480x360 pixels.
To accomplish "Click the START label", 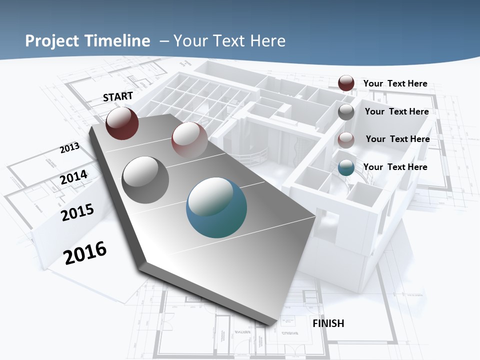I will pos(118,96).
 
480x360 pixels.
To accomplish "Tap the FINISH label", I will pos(328,323).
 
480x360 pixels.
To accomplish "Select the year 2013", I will pos(70,148).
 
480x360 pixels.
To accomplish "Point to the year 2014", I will pos(74,177).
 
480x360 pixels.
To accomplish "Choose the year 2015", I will pos(77,212).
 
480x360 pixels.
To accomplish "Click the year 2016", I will pos(85,252).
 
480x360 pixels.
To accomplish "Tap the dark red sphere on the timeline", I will pos(122,123).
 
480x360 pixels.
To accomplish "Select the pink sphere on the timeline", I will pos(189,139).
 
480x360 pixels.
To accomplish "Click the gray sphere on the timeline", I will pos(145,179).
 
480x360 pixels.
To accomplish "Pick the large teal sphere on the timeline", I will pos(216,207).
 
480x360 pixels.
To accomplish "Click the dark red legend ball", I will pos(346,83).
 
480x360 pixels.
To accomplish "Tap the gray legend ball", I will pos(346,112).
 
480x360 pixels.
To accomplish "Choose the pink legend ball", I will pos(346,140).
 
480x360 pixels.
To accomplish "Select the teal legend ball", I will pos(346,168).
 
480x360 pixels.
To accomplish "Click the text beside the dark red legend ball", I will pos(395,83).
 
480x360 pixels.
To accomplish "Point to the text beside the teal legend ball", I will pos(395,167).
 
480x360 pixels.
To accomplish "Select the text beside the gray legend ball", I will pos(396,111).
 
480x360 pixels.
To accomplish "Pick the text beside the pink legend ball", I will pos(397,139).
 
